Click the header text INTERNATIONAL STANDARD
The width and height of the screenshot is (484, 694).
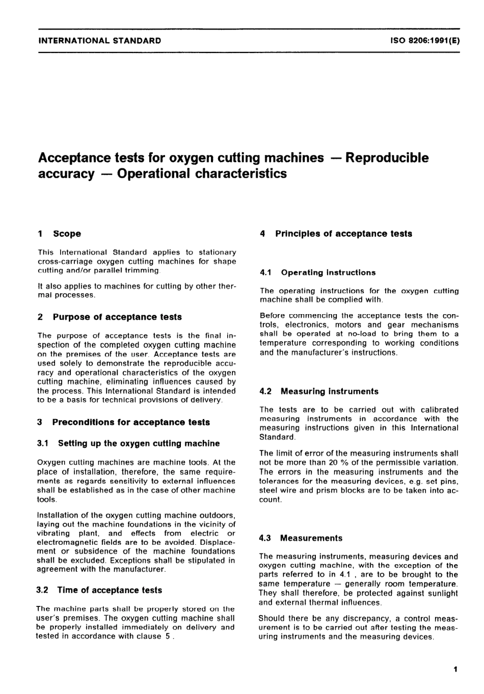[x=99, y=41]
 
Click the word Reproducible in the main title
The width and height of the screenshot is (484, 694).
[x=387, y=158]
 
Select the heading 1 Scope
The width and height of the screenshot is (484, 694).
[x=60, y=234]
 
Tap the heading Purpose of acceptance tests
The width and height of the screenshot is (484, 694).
[x=117, y=317]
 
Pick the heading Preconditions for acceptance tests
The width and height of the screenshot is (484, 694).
[x=131, y=422]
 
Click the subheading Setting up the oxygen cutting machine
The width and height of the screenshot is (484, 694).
[x=139, y=443]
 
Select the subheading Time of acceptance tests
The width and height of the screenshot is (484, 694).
[x=110, y=590]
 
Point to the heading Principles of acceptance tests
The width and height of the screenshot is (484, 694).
[x=343, y=234]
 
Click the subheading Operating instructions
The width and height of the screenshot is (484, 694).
[x=328, y=272]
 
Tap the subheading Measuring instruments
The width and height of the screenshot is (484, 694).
[x=329, y=392]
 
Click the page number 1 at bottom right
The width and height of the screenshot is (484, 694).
[x=455, y=669]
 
